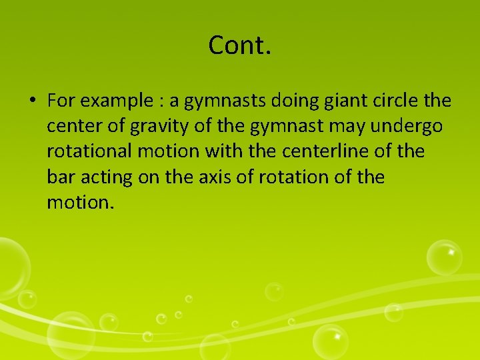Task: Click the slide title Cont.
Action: (x=240, y=45)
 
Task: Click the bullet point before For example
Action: (x=32, y=101)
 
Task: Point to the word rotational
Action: (x=89, y=152)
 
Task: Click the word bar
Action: (x=60, y=177)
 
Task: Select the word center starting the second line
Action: (x=71, y=127)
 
